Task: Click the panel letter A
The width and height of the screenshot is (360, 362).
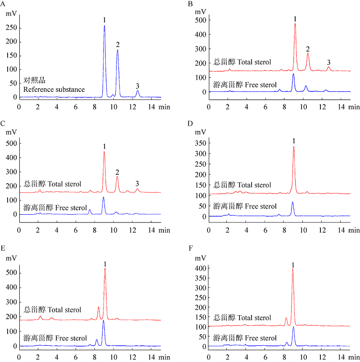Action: [3, 4]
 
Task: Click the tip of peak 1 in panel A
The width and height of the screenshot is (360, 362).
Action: [104, 26]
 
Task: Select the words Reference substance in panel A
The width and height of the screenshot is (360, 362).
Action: [54, 89]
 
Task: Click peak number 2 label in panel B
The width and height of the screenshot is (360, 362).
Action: [308, 49]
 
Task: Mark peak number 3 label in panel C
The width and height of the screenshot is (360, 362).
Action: [137, 183]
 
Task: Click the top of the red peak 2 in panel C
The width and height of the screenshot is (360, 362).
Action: [117, 176]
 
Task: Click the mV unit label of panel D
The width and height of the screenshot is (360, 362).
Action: [201, 132]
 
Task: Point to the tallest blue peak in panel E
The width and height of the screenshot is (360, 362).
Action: [103, 321]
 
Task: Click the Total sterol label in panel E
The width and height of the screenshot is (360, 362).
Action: [52, 310]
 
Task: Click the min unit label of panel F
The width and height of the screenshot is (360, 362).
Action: [354, 357]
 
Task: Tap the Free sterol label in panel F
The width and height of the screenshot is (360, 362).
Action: [244, 338]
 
